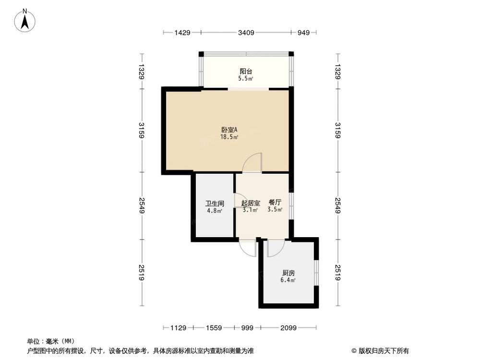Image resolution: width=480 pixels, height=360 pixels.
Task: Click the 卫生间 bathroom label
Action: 214,203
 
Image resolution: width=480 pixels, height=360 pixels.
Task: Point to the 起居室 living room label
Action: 250,203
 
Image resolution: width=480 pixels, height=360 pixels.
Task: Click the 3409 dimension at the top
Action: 246,33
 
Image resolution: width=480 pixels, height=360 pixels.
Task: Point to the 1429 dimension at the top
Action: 182,33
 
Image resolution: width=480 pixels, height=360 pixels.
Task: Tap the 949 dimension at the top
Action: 303,33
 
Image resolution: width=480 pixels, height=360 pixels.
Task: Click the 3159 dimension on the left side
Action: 142,130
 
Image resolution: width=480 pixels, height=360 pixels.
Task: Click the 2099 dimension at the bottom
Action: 288,328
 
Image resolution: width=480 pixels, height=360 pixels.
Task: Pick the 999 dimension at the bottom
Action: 247,328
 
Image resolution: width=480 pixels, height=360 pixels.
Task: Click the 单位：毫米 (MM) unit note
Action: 49,341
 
